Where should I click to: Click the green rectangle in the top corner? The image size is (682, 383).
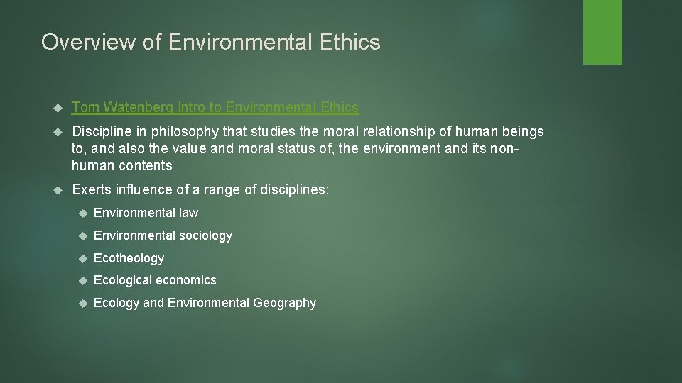tap(602, 32)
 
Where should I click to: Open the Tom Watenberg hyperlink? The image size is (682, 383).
tap(215, 107)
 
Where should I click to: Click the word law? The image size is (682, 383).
tap(188, 213)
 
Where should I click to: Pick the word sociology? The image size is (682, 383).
tap(205, 235)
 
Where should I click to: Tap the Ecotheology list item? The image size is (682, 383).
tap(129, 258)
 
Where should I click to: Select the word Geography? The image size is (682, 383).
tap(284, 303)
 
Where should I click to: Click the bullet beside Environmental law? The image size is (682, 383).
tap(82, 213)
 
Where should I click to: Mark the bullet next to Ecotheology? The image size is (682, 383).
tap(82, 258)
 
